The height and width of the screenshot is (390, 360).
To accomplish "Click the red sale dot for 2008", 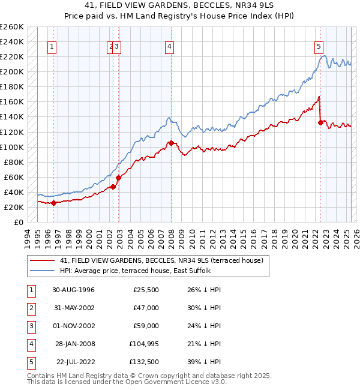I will point(171,143).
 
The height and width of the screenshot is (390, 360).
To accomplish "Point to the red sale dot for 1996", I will point(53,203).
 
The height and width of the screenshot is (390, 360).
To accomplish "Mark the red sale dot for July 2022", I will point(320,122).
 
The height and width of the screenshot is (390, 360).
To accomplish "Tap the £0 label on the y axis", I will point(17,222).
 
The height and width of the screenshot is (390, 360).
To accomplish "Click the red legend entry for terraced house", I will point(161,260).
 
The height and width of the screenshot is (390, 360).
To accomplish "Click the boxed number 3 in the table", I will point(29,326).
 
